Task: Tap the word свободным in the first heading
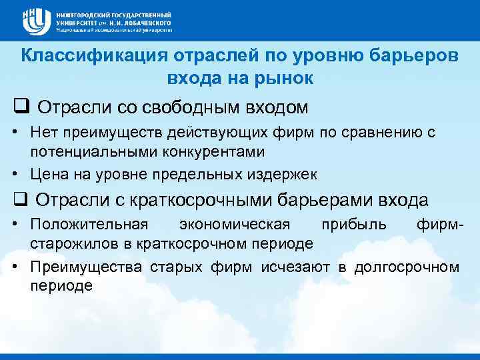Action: point(196,107)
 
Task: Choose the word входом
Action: point(278,107)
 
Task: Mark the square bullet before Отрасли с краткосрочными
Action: point(18,199)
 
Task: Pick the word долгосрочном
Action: point(407,267)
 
